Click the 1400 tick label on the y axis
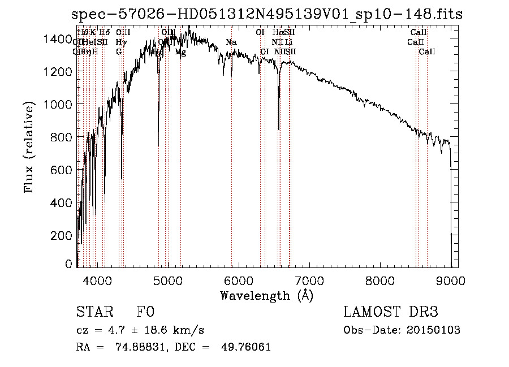click(x=60, y=39)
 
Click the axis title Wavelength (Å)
click(x=266, y=295)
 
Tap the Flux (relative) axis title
click(x=29, y=147)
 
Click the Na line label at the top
click(x=231, y=42)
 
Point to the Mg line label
click(x=180, y=52)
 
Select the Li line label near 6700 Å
click(x=289, y=42)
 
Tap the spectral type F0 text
click(x=145, y=313)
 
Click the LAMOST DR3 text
click(x=391, y=312)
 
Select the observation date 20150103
click(x=433, y=330)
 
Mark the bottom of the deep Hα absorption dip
click(x=279, y=129)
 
